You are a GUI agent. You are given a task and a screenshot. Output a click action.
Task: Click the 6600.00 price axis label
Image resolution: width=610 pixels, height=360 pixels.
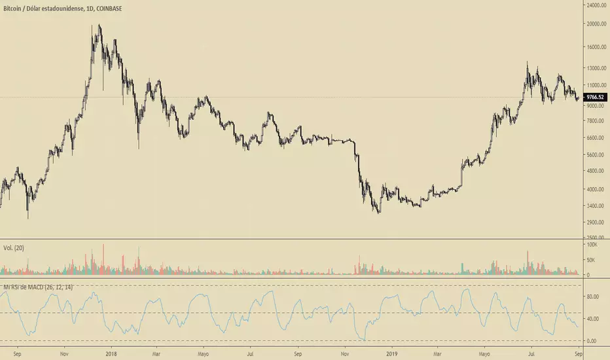click(x=596, y=138)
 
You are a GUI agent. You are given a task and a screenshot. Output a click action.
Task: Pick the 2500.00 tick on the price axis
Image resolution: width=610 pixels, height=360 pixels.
click(x=596, y=238)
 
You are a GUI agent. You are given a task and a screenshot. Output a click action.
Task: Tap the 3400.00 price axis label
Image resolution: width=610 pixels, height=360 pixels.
click(x=596, y=206)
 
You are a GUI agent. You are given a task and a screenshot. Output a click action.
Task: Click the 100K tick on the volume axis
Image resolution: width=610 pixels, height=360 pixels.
click(x=592, y=244)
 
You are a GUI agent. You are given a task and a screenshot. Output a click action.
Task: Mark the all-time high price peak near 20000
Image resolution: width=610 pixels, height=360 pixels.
click(x=99, y=26)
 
